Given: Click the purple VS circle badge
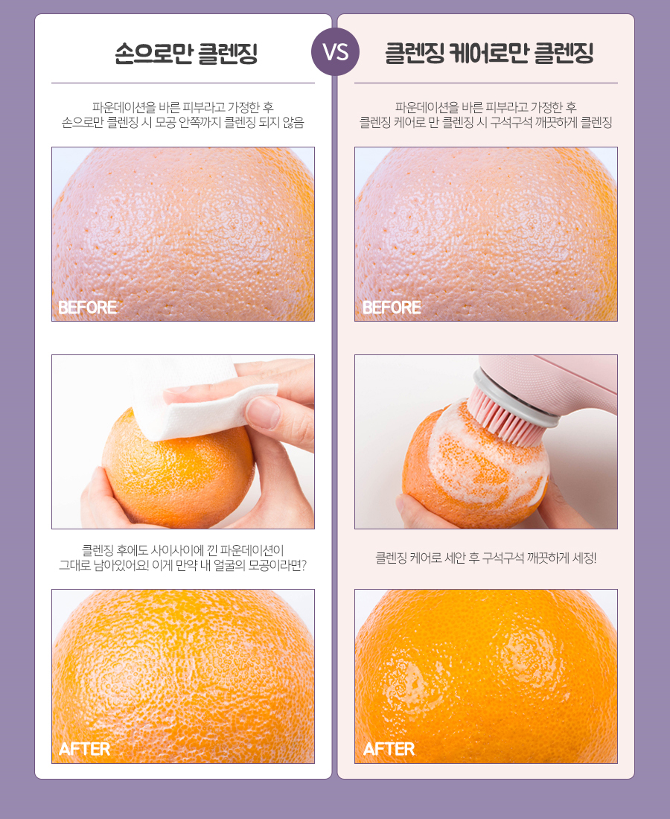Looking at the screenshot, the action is click(x=335, y=51).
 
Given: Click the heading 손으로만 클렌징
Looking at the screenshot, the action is click(x=186, y=54).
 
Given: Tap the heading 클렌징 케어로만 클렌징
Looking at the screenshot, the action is click(x=489, y=54).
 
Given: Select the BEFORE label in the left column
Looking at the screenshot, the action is click(x=87, y=307).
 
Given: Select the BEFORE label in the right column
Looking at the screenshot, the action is click(x=392, y=307).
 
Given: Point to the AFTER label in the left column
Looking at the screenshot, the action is click(x=84, y=749).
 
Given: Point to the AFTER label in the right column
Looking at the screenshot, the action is click(x=389, y=749).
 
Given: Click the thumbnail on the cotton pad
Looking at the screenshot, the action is click(x=264, y=412).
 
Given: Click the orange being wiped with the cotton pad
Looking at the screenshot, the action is click(x=178, y=470).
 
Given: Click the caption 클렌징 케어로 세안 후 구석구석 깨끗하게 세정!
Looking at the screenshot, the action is click(x=485, y=558).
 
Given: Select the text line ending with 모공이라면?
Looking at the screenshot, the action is click(x=183, y=565).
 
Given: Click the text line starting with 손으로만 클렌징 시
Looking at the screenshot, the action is click(x=183, y=122).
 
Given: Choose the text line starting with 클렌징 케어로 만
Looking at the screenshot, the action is click(x=485, y=122).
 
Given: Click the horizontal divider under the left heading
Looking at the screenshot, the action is click(x=183, y=83).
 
